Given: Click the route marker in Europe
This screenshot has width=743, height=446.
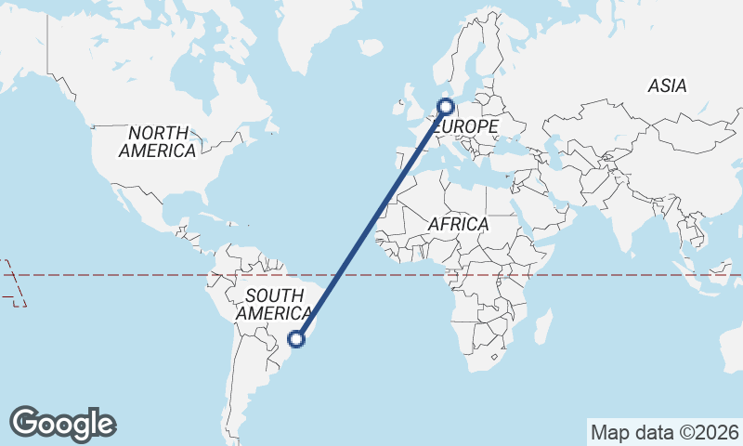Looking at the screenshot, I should pyautogui.click(x=444, y=107).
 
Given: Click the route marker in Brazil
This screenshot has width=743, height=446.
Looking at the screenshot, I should pyautogui.click(x=297, y=339).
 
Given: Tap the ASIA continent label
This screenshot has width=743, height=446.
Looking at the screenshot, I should pyautogui.click(x=667, y=85).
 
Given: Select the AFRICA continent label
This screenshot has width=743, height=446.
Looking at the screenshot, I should pyautogui.click(x=458, y=224).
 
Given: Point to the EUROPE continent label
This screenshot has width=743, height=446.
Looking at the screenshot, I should pyautogui.click(x=467, y=126).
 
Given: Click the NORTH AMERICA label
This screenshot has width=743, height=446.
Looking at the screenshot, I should pyautogui.click(x=157, y=141).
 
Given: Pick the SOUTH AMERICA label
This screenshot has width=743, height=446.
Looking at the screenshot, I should pyautogui.click(x=273, y=305).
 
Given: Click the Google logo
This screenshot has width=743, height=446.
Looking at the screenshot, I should pyautogui.click(x=62, y=423).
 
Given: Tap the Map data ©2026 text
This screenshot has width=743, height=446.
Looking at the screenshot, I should pyautogui.click(x=664, y=433).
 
